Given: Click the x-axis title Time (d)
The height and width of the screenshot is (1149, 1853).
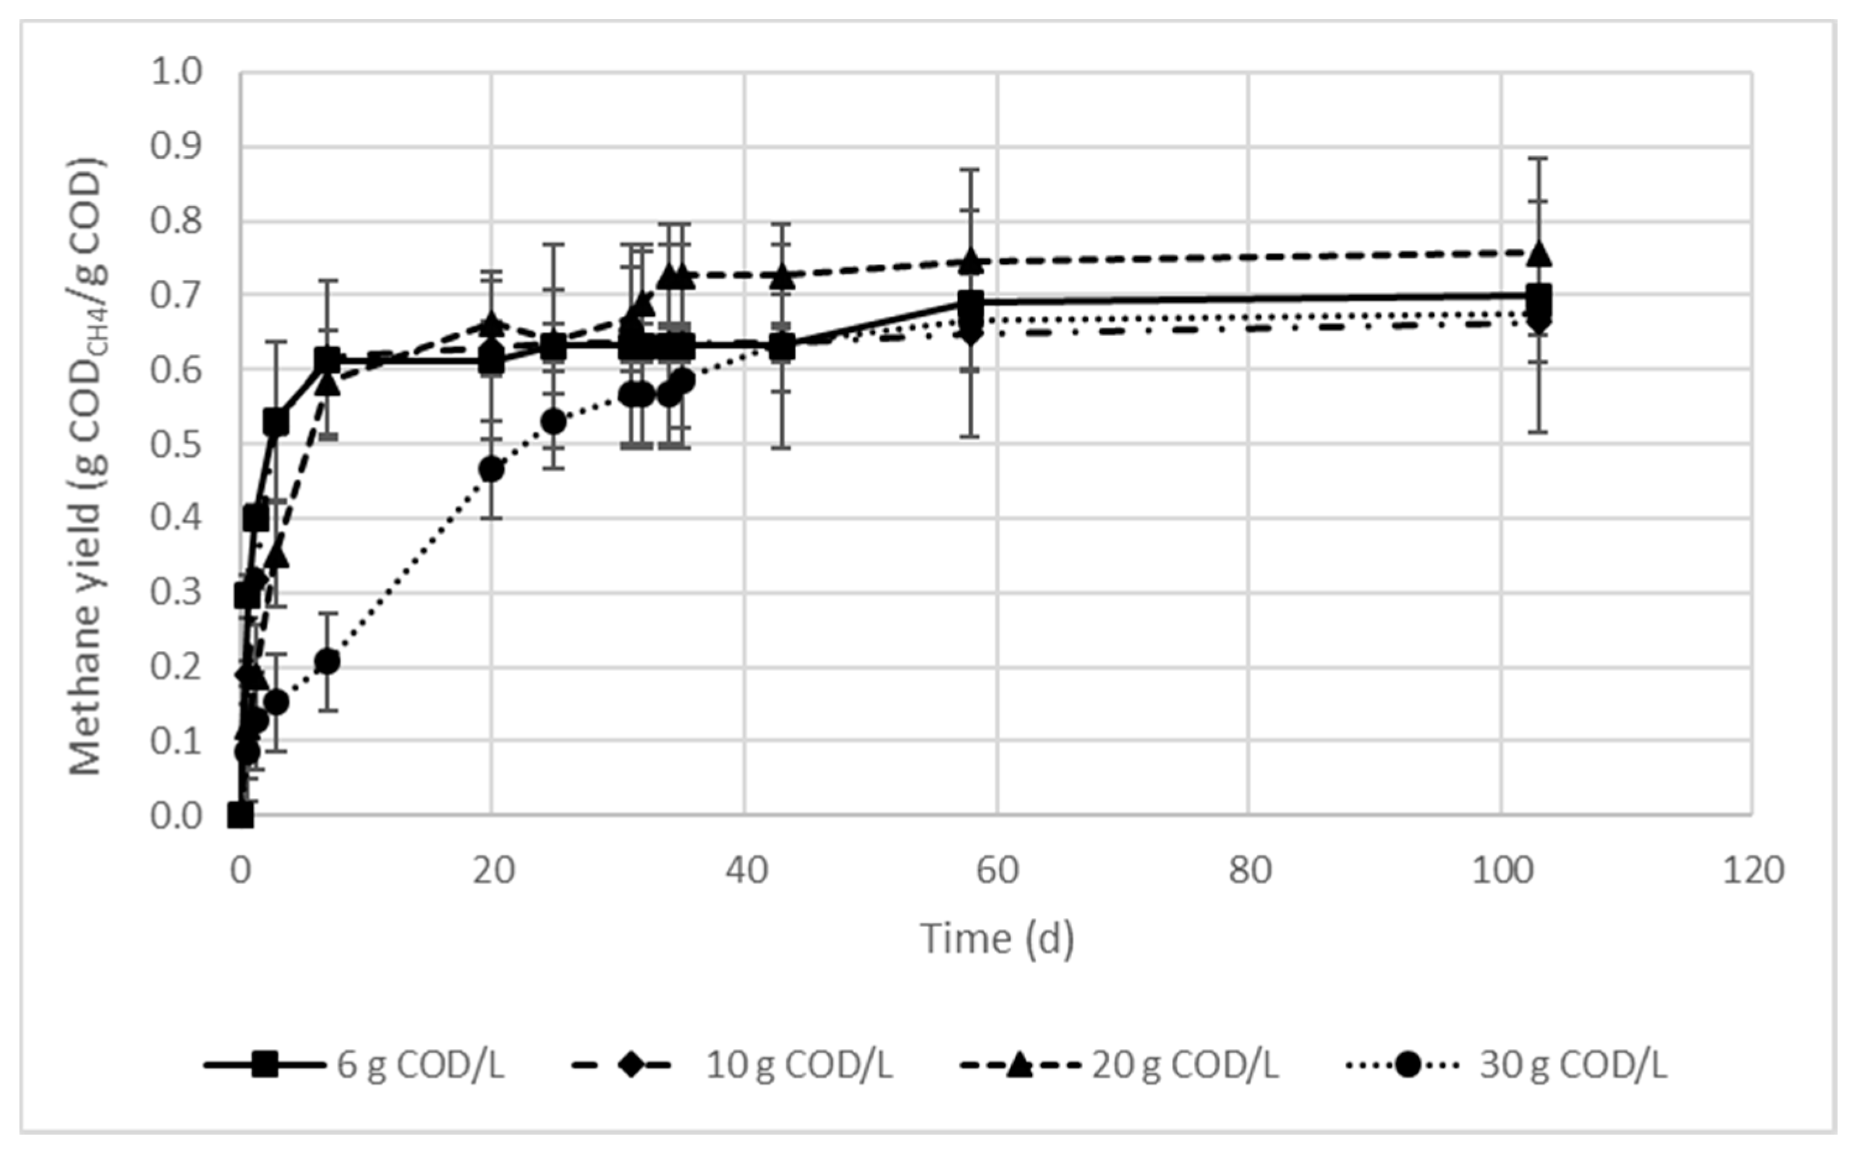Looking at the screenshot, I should [x=997, y=938].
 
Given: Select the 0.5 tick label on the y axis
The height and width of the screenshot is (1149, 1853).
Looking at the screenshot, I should [x=176, y=444].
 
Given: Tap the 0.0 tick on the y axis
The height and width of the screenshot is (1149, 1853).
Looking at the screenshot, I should [x=176, y=816].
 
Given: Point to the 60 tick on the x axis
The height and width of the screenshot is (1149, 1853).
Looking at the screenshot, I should [x=997, y=870].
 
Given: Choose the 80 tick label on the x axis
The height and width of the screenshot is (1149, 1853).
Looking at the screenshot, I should [x=1249, y=870].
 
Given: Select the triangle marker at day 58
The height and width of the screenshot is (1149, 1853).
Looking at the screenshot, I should [x=970, y=261].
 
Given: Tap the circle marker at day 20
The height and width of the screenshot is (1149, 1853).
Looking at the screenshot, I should [x=493, y=470].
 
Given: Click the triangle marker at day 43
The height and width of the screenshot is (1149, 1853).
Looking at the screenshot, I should [x=782, y=278].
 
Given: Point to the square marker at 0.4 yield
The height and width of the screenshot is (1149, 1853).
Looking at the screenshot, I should [x=256, y=519].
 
